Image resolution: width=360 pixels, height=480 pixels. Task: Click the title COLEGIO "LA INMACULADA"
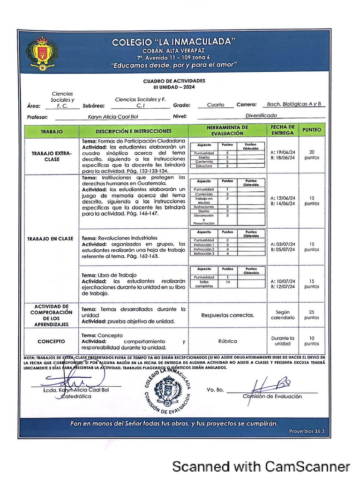click(x=173, y=42)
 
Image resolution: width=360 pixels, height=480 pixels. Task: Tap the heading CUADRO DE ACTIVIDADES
click(x=174, y=81)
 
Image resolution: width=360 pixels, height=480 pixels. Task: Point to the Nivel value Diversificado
click(x=261, y=115)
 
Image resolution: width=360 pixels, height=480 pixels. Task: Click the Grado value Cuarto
click(x=215, y=105)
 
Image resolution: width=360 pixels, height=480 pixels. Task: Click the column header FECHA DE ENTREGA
click(x=283, y=130)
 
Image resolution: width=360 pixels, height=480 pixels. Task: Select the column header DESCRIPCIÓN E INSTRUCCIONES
click(x=134, y=131)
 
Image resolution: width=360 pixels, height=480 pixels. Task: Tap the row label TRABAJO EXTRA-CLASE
click(x=52, y=156)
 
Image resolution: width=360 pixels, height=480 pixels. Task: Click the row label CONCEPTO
click(x=52, y=341)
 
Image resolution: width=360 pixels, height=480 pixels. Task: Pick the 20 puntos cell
click(x=312, y=155)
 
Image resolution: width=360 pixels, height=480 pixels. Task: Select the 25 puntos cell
click(x=312, y=315)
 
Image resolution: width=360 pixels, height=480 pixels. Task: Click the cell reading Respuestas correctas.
click(x=227, y=315)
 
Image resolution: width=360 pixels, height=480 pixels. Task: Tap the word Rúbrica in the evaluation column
click(x=227, y=341)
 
